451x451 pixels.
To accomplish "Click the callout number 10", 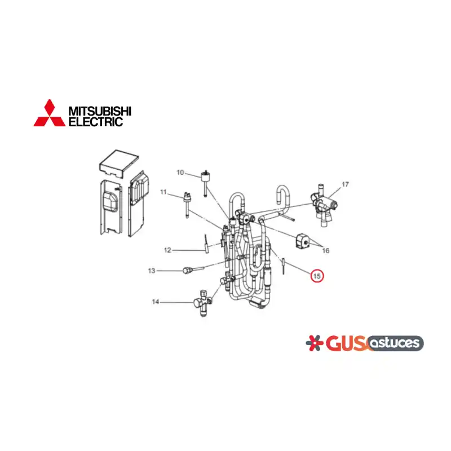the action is [x=180, y=173].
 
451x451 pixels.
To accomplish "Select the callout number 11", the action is [x=163, y=192].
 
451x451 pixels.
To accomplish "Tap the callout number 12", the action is [x=167, y=250].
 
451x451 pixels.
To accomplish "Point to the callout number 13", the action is [x=152, y=271].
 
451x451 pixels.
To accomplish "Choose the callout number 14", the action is [x=156, y=302].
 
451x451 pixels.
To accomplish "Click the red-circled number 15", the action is [x=317, y=276].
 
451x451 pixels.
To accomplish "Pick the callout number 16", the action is [x=326, y=250].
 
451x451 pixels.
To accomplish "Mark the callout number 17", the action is [x=345, y=184].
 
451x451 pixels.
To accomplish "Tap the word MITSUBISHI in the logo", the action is [x=100, y=110].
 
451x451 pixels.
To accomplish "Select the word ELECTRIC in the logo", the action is [x=96, y=122].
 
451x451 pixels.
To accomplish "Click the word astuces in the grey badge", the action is [x=395, y=343].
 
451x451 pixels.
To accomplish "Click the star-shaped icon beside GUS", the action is [x=314, y=343].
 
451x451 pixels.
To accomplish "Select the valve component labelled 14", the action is [x=203, y=303].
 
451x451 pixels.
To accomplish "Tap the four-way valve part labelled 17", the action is [x=324, y=205].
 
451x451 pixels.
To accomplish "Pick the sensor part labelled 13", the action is [x=193, y=270].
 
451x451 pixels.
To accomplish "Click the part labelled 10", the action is [x=205, y=183].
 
